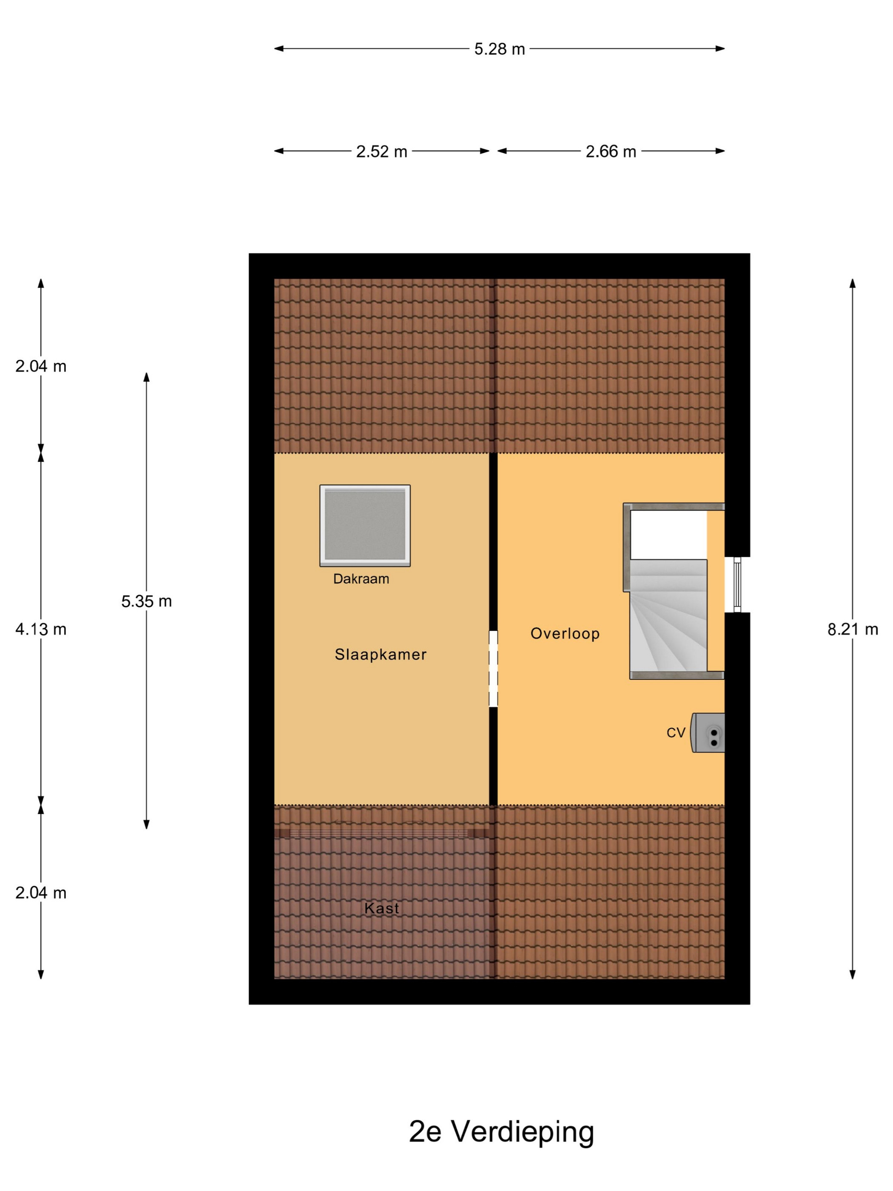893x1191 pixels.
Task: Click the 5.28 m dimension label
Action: (x=499, y=49)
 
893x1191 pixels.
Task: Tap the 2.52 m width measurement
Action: (x=381, y=151)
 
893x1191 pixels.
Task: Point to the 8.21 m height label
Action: (x=853, y=629)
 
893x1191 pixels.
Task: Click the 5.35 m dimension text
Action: (x=146, y=601)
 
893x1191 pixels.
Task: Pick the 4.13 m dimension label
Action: (x=41, y=629)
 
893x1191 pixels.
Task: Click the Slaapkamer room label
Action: (x=381, y=654)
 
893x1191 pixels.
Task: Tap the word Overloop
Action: (x=565, y=633)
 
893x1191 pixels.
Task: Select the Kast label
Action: (x=381, y=908)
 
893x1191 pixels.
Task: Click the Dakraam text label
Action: (x=361, y=579)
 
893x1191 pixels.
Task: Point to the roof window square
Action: (x=365, y=525)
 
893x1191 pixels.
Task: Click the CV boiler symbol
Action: (x=708, y=732)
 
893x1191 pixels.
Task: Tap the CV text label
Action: (x=676, y=732)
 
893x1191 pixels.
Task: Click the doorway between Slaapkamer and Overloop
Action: (x=493, y=669)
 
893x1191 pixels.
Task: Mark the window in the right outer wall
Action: (x=737, y=584)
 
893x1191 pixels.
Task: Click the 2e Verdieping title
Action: (x=501, y=1131)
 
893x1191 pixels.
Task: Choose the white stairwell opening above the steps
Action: (x=668, y=535)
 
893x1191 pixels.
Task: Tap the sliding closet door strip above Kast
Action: (x=381, y=833)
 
